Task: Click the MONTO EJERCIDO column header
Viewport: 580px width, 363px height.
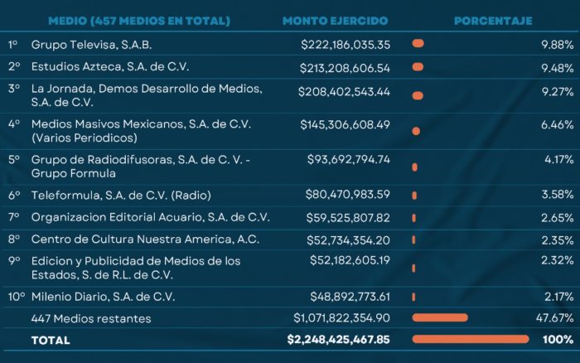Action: click(335, 21)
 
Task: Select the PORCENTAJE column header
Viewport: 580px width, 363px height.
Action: click(493, 21)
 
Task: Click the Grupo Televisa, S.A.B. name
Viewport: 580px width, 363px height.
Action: click(91, 44)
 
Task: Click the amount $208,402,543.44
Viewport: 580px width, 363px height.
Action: click(346, 90)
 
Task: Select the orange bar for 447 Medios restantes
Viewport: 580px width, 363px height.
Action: click(439, 317)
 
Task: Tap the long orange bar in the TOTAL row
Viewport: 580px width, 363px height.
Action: click(470, 339)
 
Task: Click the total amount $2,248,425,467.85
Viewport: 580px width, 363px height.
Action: click(338, 339)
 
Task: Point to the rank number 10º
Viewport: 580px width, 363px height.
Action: click(15, 296)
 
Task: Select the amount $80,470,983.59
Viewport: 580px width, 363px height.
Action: click(348, 195)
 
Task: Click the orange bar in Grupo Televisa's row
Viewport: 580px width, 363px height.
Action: click(418, 43)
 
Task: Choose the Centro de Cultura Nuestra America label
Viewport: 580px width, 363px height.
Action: click(145, 240)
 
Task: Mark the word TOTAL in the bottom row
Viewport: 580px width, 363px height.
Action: click(51, 340)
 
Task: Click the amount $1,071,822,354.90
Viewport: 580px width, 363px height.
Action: click(341, 317)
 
